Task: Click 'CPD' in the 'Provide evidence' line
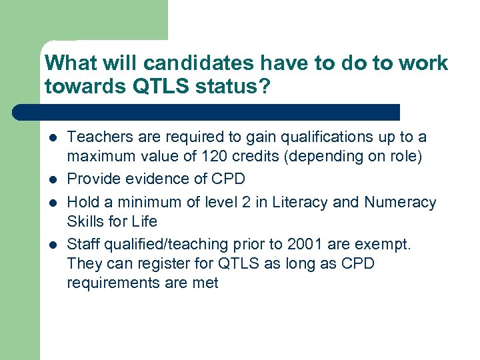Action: [x=228, y=179]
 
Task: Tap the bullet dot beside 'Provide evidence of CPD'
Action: [x=52, y=180]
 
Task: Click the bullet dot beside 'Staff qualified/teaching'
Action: [x=52, y=244]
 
